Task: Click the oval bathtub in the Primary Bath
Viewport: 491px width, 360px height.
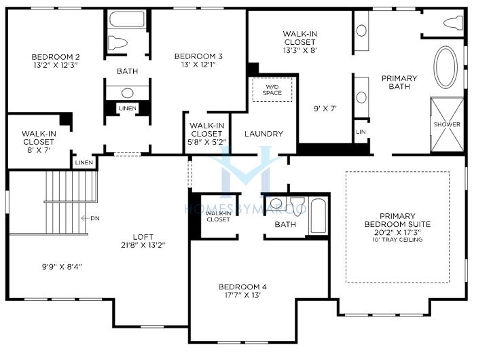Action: (x=445, y=67)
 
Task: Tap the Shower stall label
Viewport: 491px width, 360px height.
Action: (x=447, y=124)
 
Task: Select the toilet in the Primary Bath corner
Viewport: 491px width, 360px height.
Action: (x=453, y=23)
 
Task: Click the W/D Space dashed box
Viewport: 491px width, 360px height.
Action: (x=272, y=90)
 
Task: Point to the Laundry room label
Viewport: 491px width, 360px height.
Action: (x=263, y=134)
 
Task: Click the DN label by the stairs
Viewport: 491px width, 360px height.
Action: (x=95, y=218)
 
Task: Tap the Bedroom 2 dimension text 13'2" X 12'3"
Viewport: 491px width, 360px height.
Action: (x=56, y=65)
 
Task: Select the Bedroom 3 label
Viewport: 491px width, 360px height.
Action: (x=198, y=56)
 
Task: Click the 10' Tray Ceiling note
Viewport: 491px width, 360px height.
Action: (x=397, y=240)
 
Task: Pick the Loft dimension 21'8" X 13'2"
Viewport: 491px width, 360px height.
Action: (x=143, y=245)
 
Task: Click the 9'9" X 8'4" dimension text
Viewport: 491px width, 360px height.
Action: (x=62, y=267)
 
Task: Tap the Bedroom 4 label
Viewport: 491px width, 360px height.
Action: (x=242, y=287)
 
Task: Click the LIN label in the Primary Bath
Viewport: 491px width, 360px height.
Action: (x=361, y=132)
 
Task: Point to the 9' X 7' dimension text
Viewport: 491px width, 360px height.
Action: (x=325, y=109)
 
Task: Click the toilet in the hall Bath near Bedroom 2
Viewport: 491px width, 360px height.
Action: (x=117, y=43)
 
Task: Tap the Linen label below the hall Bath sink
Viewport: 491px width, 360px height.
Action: (x=128, y=108)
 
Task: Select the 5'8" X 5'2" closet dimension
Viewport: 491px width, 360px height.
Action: (x=206, y=142)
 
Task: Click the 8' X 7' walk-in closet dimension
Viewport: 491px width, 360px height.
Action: (x=39, y=150)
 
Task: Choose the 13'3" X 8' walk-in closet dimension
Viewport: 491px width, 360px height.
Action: (x=300, y=50)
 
